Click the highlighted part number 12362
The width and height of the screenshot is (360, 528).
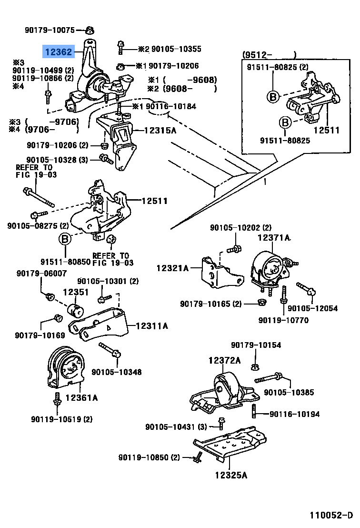pos(59,51)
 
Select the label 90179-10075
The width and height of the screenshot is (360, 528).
pos(50,30)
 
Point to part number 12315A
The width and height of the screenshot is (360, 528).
pos(155,130)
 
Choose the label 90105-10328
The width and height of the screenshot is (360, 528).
pos(57,160)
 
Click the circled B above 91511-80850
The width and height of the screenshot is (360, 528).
pos(65,239)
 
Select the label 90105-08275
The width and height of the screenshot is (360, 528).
pos(38,225)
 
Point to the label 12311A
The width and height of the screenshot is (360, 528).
pos(151,326)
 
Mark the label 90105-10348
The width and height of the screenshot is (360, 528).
pos(116,372)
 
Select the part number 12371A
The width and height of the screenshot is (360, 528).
pos(274,237)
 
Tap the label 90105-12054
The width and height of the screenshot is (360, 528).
pos(312,308)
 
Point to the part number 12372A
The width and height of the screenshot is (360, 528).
pos(224,361)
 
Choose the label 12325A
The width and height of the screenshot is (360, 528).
pos(230,475)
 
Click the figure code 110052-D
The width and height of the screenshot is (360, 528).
pos(331,515)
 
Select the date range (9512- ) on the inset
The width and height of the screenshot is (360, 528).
pos(269,54)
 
